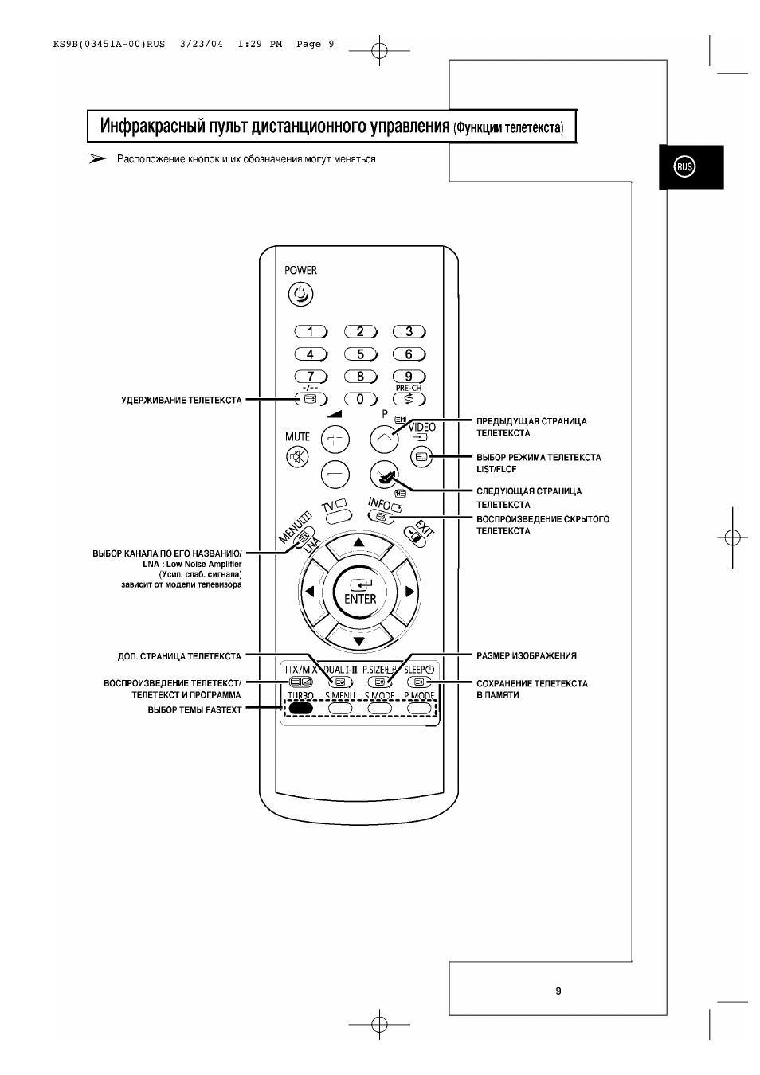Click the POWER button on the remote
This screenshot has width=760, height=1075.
[x=300, y=294]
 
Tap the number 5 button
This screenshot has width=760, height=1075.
[x=361, y=354]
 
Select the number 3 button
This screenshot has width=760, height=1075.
[x=409, y=331]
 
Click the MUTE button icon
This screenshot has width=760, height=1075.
[x=297, y=456]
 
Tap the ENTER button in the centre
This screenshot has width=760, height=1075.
[x=359, y=592]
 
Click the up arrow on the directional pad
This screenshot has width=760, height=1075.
[x=358, y=543]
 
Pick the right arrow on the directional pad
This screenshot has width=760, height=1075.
[x=409, y=591]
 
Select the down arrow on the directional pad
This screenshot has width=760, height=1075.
[x=358, y=641]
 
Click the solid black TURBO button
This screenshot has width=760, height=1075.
[x=300, y=708]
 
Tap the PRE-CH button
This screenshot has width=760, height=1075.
[x=409, y=399]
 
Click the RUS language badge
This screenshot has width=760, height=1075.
[x=684, y=166]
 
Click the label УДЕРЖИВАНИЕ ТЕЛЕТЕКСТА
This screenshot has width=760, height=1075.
[x=182, y=401]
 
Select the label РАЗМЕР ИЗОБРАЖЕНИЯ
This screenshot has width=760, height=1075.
[x=527, y=655]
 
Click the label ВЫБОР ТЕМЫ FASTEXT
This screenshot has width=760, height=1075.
[x=194, y=710]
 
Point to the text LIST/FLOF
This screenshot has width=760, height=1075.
[x=496, y=469]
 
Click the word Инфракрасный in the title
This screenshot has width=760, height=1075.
[x=151, y=126]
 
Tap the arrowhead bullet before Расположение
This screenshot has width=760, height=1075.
[x=97, y=158]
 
